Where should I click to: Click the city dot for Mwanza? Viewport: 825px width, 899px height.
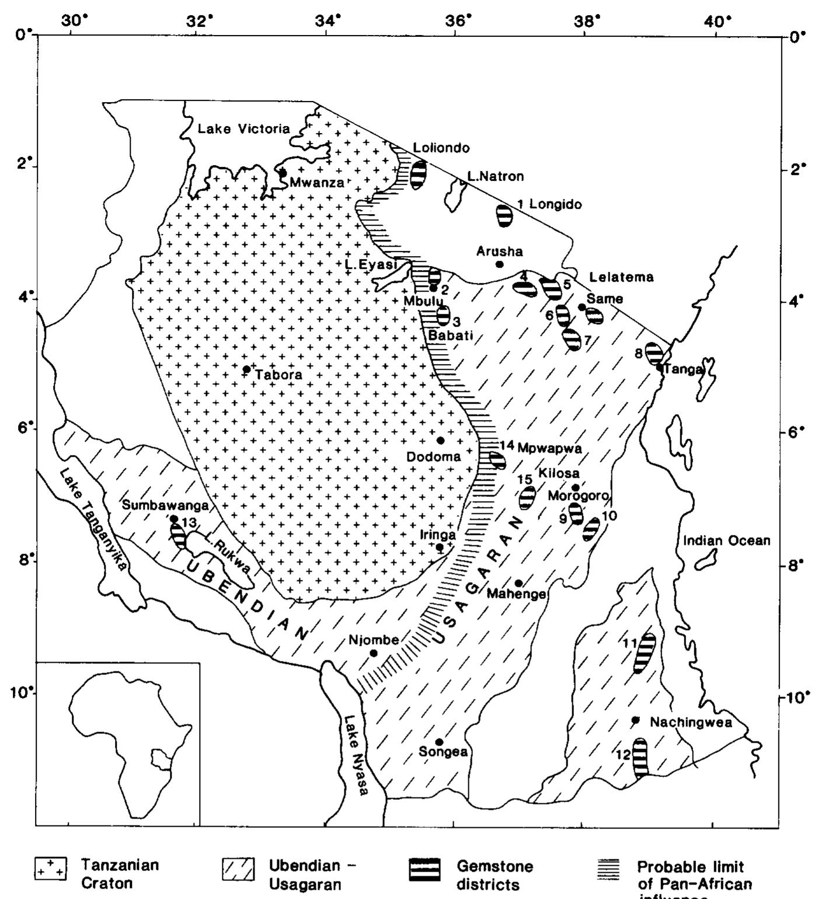pos(283,173)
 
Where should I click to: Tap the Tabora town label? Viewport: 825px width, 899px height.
pos(278,375)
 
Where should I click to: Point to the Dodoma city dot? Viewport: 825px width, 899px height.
pos(440,440)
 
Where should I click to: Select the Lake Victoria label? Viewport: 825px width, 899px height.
pos(243,129)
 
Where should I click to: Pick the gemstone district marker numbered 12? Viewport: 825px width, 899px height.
pos(640,757)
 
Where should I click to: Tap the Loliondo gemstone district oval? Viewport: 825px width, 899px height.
pos(418,174)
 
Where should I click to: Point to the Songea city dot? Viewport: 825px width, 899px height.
pos(439,742)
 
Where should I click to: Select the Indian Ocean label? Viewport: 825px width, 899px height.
pos(726,541)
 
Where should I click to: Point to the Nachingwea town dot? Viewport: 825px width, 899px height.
pos(636,720)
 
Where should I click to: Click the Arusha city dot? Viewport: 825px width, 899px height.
pos(499,264)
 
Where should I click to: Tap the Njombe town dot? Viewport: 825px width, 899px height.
pos(374,653)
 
